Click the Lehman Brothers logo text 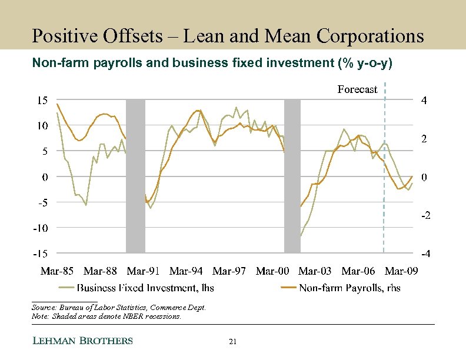(x=82, y=341)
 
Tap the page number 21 (x=232, y=342)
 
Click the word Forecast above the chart (x=357, y=89)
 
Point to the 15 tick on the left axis (x=40, y=101)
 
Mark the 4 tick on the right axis (x=424, y=101)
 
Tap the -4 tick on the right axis (x=425, y=254)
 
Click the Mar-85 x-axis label (x=57, y=271)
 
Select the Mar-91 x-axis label (x=144, y=271)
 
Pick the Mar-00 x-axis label (x=272, y=271)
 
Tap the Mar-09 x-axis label (x=401, y=271)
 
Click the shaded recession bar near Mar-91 (x=135, y=176)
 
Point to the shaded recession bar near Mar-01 (x=292, y=176)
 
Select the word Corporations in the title (x=370, y=36)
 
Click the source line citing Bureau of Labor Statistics (x=118, y=308)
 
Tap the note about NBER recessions (x=105, y=316)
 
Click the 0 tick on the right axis (x=424, y=177)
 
